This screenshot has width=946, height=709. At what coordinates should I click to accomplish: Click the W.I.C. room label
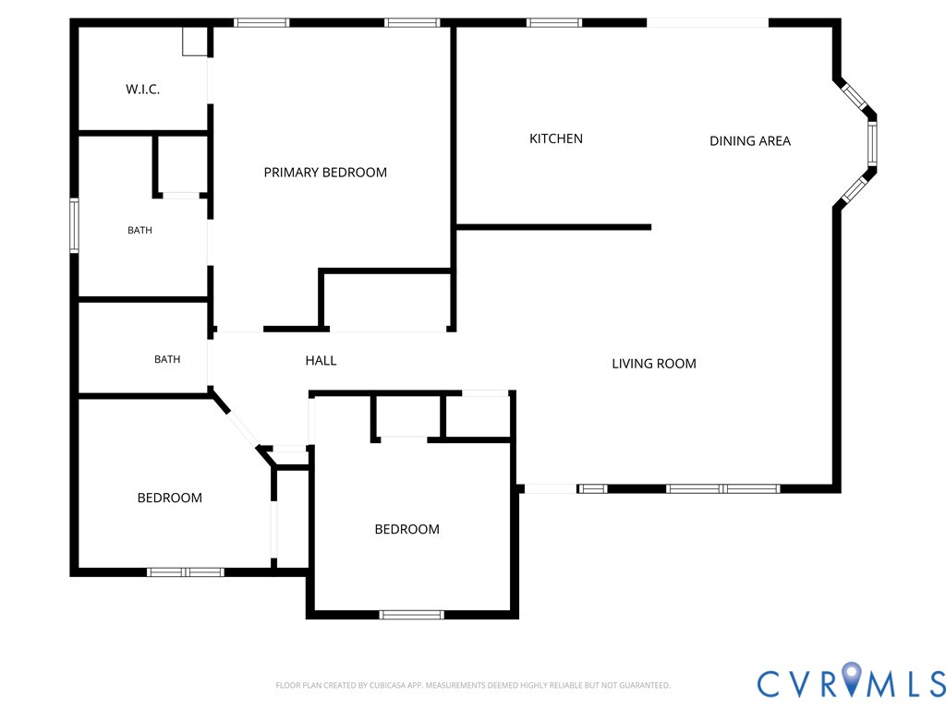143,90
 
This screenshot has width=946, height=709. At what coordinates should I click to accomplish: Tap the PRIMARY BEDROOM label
325,173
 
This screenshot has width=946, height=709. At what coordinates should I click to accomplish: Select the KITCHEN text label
555,138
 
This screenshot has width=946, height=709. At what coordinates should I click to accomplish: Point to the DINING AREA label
750,141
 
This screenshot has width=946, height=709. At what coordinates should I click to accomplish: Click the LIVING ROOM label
654,364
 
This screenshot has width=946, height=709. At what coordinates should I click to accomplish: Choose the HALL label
321,361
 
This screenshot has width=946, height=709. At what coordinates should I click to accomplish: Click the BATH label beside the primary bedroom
140,230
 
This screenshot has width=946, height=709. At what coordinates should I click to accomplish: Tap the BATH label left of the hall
167,359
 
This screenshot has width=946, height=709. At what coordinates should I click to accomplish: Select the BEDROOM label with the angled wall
170,498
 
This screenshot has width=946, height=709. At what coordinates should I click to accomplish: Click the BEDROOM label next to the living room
407,529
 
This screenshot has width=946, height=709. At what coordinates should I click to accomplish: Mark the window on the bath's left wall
74,225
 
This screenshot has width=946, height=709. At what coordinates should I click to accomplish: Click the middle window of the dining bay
872,143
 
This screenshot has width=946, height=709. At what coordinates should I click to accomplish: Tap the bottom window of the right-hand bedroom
412,615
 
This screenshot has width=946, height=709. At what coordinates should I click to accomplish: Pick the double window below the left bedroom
186,572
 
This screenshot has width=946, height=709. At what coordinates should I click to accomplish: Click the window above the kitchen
554,23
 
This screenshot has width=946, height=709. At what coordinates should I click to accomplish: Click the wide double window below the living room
722,489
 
